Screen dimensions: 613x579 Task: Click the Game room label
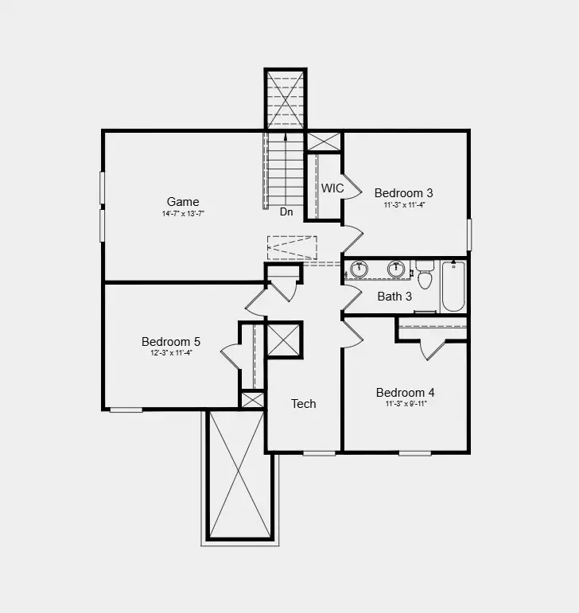(183, 201)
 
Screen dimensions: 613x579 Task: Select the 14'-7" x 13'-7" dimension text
(183, 213)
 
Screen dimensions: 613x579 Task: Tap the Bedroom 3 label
(403, 192)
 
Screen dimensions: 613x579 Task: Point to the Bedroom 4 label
(405, 393)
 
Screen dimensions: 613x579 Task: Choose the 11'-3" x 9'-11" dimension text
(405, 404)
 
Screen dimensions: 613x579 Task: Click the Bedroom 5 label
(171, 341)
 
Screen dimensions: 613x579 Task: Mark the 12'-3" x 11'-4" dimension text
(171, 352)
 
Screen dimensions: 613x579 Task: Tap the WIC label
(332, 188)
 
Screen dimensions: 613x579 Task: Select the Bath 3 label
(394, 297)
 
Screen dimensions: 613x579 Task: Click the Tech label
(303, 404)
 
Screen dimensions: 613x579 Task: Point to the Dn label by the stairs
(286, 212)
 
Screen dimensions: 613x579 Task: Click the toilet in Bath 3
(425, 276)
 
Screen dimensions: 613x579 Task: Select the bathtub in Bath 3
(453, 286)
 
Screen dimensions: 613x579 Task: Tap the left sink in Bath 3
(359, 270)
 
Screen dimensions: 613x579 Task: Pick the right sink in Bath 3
(395, 270)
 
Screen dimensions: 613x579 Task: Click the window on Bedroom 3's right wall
(469, 235)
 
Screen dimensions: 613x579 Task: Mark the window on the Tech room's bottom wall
(319, 453)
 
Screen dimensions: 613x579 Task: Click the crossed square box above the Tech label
(284, 340)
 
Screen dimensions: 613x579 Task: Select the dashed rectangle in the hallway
(292, 247)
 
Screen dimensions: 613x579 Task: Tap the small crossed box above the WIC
(324, 142)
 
